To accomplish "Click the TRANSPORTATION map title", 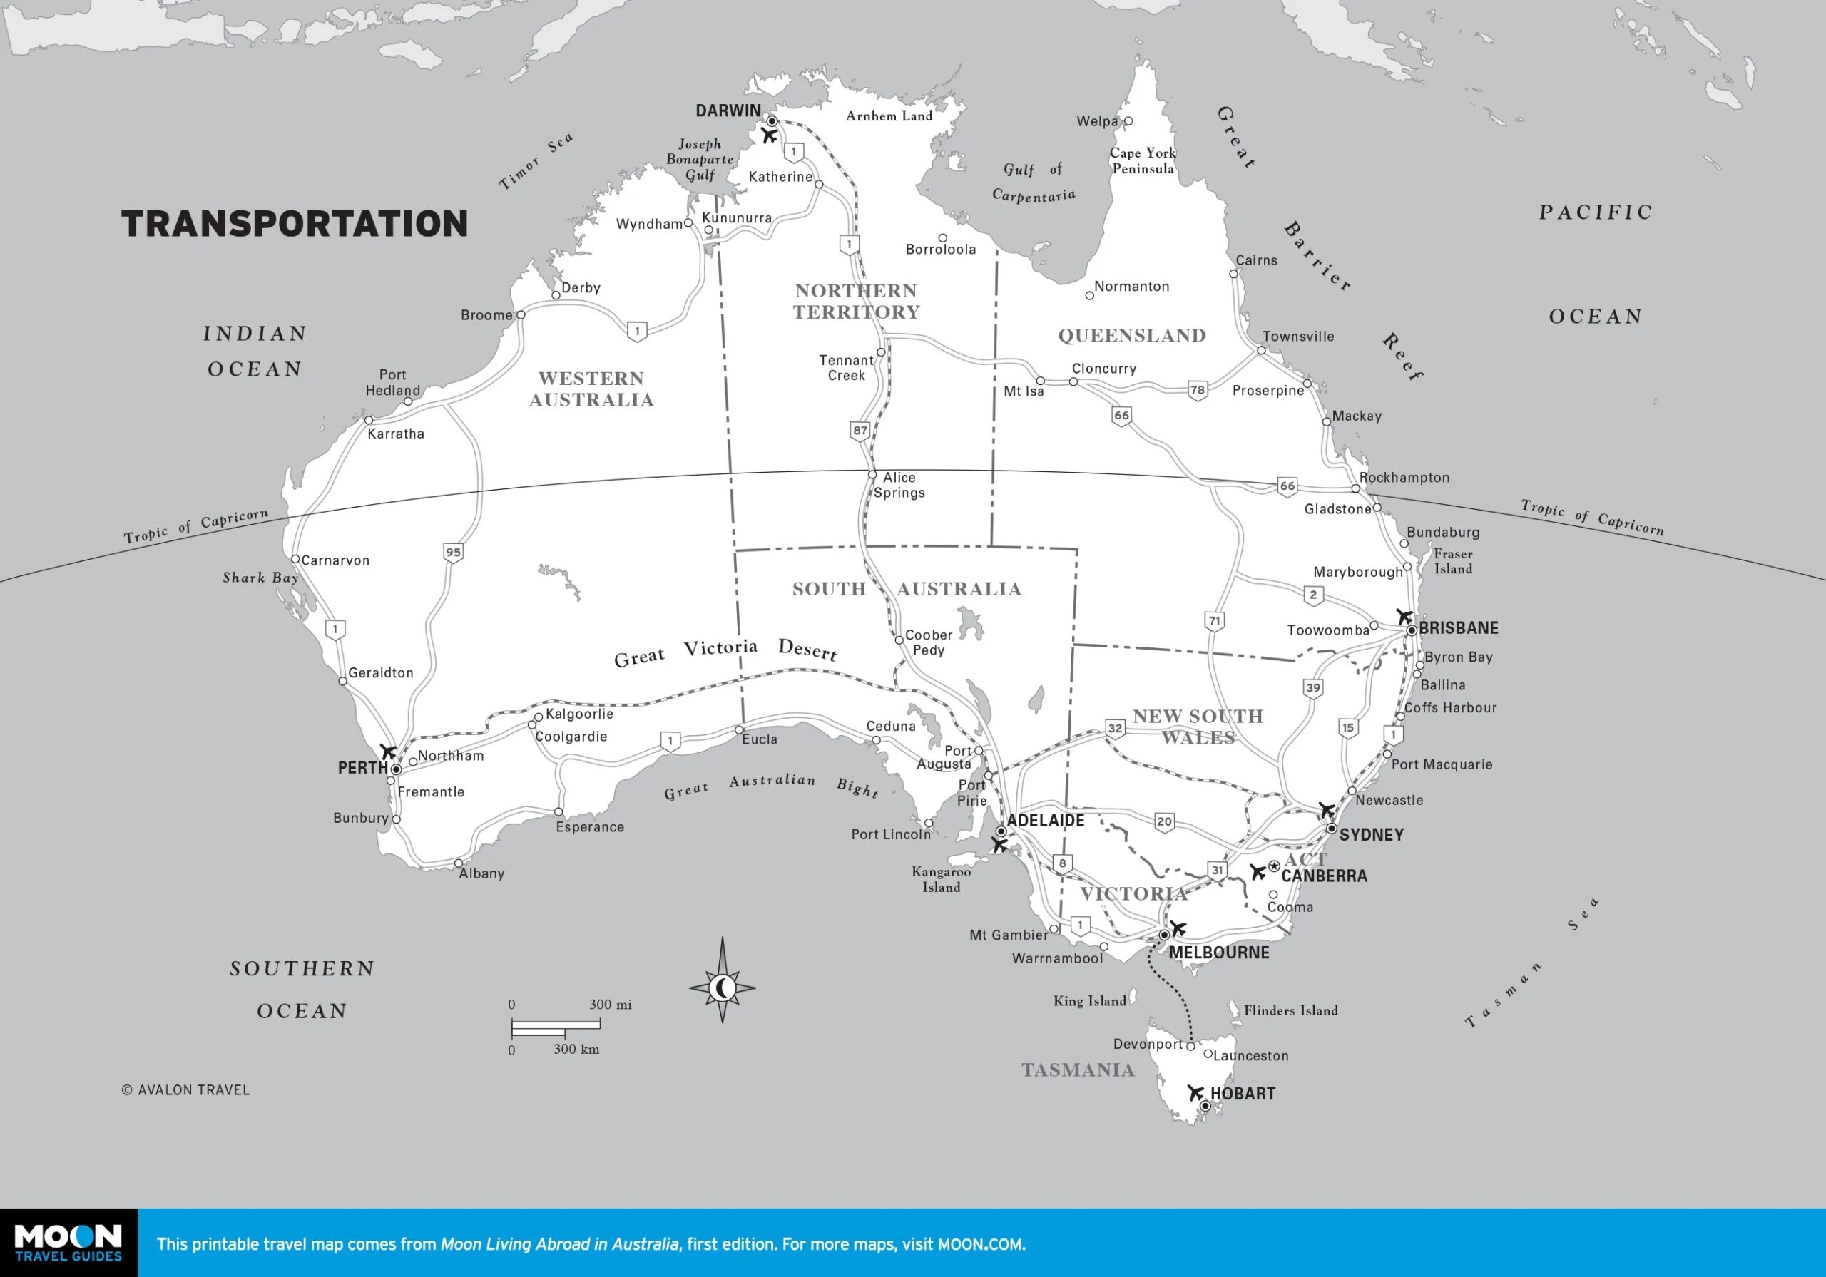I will [x=295, y=223].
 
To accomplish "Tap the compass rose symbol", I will [x=722, y=988].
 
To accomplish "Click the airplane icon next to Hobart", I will [x=1195, y=1092].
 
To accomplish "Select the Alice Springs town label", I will [x=899, y=485].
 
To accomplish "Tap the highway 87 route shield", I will [x=860, y=431].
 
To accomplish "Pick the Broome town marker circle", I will [x=521, y=315].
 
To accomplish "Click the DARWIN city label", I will [x=728, y=111].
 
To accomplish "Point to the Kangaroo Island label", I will [x=941, y=879].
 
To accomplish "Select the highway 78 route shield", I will [x=1198, y=389].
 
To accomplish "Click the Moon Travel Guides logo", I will [x=68, y=1243].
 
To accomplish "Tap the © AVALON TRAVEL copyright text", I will [x=185, y=1090].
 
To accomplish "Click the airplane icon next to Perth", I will [x=387, y=752].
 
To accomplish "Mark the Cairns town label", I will [x=1257, y=261].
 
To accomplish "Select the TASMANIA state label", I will [x=1078, y=1070].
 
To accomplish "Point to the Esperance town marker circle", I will [x=558, y=812].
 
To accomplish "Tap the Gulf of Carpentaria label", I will [x=1033, y=182].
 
